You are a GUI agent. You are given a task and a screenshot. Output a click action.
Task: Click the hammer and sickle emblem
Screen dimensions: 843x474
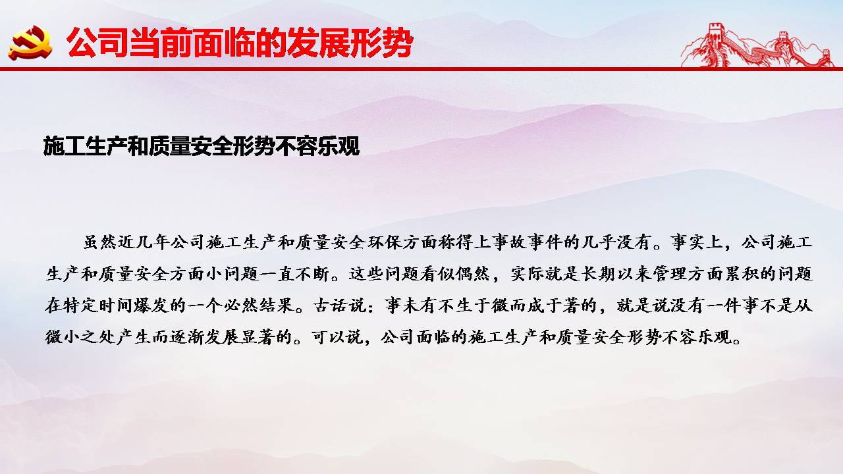click(x=30, y=43)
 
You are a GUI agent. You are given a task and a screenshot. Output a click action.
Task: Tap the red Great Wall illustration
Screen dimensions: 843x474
click(x=757, y=45)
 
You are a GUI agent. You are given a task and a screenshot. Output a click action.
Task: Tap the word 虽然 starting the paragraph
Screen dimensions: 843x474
click(x=100, y=242)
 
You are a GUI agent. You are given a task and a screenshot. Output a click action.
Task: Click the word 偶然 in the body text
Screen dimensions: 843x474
click(x=472, y=274)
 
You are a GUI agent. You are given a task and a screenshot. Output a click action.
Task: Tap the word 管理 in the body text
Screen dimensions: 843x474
click(x=669, y=274)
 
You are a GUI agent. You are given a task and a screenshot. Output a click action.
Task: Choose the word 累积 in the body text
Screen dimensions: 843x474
click(x=741, y=274)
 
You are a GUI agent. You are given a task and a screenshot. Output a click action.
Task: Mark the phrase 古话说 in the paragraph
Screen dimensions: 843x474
click(x=339, y=305)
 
